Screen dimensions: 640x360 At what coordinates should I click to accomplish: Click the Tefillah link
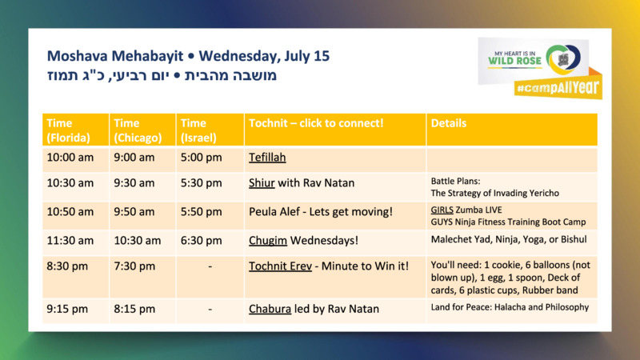(x=267, y=158)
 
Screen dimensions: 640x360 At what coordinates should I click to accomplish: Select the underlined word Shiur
(x=262, y=183)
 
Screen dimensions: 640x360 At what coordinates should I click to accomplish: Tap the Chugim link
(x=268, y=241)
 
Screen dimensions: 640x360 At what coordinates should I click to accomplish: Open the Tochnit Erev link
(x=281, y=266)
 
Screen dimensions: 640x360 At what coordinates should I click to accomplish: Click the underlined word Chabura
(x=270, y=309)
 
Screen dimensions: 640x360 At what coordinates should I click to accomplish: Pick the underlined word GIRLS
(x=442, y=210)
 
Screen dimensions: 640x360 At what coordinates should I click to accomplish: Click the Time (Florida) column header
(x=68, y=130)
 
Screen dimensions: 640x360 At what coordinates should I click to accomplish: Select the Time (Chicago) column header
(x=138, y=130)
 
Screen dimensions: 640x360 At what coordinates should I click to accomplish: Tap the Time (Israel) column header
(x=198, y=130)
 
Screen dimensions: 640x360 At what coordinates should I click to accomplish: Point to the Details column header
(x=449, y=123)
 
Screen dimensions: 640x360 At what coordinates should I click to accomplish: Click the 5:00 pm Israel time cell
(x=202, y=158)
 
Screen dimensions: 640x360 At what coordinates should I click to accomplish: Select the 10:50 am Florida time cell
(x=70, y=212)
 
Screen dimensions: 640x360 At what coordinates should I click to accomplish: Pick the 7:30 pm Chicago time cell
(x=134, y=266)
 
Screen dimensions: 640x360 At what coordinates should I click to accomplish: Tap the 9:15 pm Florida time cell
(x=67, y=309)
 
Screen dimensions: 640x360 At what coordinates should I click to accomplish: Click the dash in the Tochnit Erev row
(x=210, y=266)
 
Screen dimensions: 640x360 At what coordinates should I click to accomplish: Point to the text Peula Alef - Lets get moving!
(x=321, y=212)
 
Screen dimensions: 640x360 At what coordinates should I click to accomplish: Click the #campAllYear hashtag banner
(x=558, y=87)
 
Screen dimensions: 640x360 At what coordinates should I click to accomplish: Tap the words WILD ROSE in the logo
(x=514, y=62)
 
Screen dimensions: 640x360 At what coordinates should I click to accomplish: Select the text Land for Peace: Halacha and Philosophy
(x=510, y=307)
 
